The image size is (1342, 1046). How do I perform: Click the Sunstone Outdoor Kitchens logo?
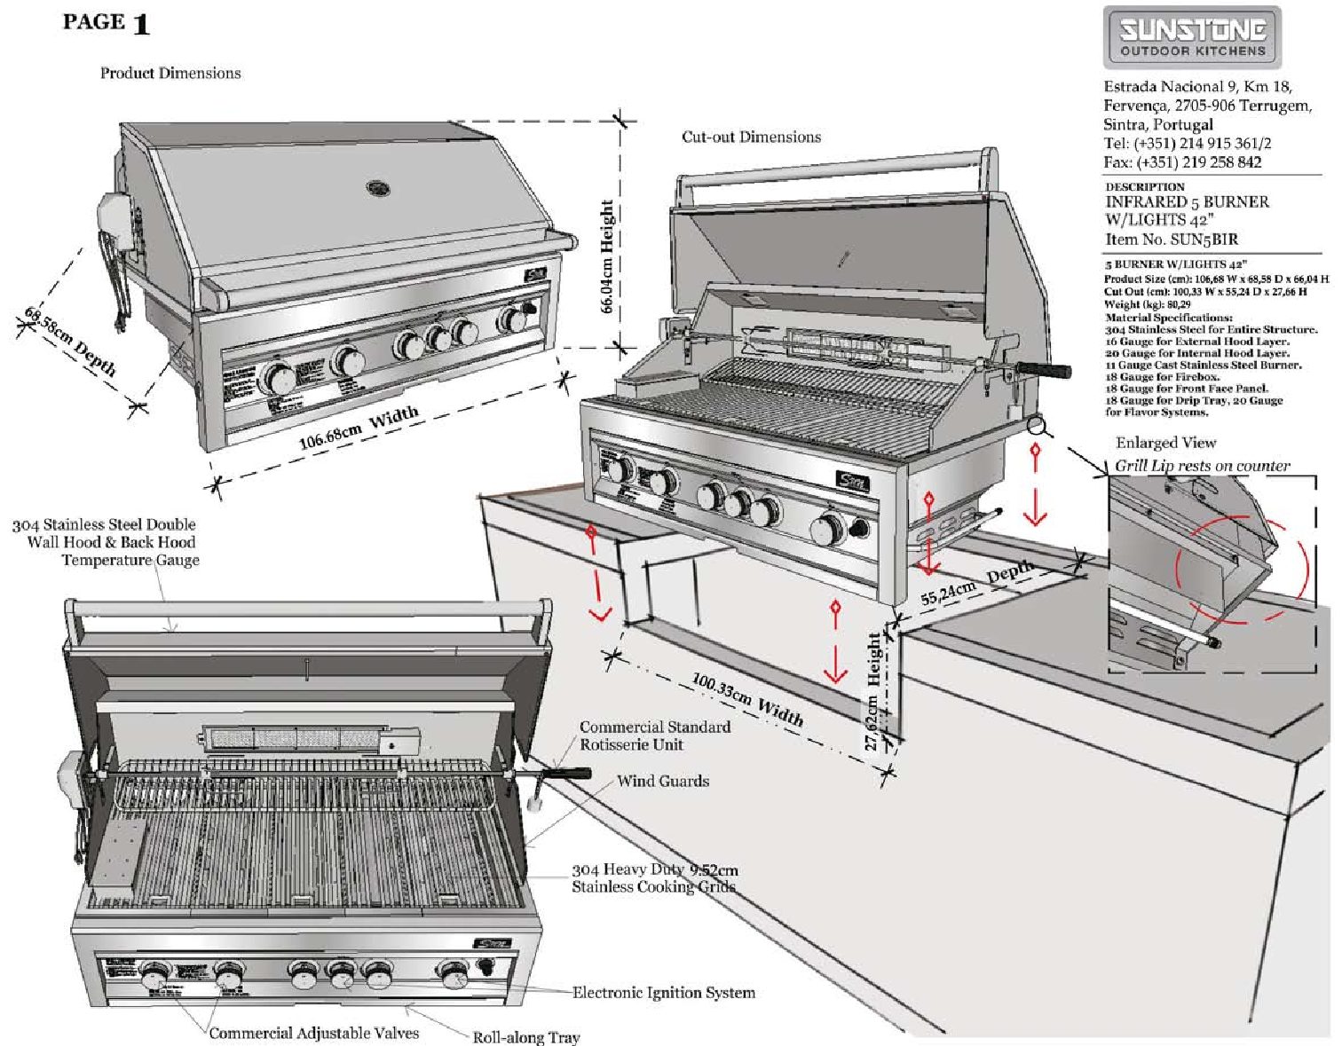1192,37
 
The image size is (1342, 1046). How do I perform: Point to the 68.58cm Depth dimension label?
70,341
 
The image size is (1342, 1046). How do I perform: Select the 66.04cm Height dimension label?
607,256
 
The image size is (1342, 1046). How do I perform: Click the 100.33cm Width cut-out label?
747,700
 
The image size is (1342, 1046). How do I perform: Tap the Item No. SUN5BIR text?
1171,240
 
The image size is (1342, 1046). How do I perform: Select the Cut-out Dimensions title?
751,137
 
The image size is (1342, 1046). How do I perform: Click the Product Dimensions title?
170,73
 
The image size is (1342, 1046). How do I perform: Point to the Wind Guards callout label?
663,781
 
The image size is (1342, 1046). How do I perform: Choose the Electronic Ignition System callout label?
664,993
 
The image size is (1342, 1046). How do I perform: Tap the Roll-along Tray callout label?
525,1036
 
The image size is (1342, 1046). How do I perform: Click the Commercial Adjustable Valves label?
313,1033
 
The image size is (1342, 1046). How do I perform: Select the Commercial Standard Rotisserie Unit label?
655,735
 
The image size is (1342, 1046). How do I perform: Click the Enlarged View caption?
1165,443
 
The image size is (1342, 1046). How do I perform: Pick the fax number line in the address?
1182,162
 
